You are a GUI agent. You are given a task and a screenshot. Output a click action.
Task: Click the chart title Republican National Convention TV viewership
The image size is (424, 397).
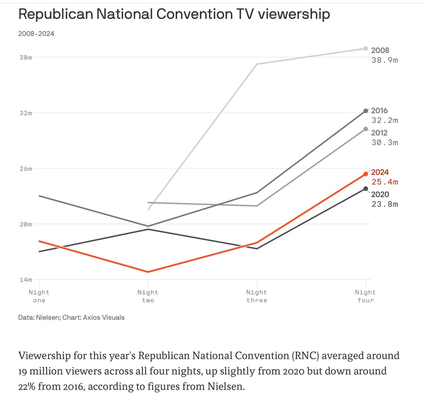(174, 14)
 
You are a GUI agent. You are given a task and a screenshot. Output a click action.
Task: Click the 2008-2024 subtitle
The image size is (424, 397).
(36, 34)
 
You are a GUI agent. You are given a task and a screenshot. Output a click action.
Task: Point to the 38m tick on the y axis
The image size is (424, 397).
(25, 57)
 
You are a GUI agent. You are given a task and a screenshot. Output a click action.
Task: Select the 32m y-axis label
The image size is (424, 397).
(25, 113)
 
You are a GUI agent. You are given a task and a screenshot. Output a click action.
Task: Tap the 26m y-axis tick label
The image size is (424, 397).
(25, 168)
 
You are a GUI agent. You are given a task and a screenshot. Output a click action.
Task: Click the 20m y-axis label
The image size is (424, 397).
(25, 224)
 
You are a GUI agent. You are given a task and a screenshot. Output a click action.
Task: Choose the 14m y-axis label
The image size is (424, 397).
(25, 279)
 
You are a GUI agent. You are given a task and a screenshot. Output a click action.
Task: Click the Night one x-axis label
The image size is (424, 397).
(39, 296)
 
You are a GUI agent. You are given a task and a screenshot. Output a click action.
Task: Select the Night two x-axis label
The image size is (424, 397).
(148, 296)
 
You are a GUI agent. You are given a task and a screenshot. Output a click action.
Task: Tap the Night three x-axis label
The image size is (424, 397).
(257, 296)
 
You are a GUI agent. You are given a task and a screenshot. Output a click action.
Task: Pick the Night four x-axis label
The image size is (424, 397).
(365, 296)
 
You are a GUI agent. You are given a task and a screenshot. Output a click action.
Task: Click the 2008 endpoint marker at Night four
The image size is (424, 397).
(365, 48)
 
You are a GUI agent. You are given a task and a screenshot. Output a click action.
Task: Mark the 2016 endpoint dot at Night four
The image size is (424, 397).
(365, 111)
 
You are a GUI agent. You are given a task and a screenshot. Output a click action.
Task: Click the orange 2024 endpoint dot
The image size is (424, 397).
(365, 174)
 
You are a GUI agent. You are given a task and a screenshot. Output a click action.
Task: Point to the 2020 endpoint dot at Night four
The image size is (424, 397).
(365, 189)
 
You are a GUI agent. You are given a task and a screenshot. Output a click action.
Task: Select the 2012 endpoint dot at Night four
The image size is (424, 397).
(365, 129)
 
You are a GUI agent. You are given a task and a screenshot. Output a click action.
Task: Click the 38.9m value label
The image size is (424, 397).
(385, 60)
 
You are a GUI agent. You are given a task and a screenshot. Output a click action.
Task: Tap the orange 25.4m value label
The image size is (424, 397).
(385, 182)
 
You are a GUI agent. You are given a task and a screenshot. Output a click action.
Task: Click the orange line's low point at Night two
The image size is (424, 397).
(148, 272)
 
